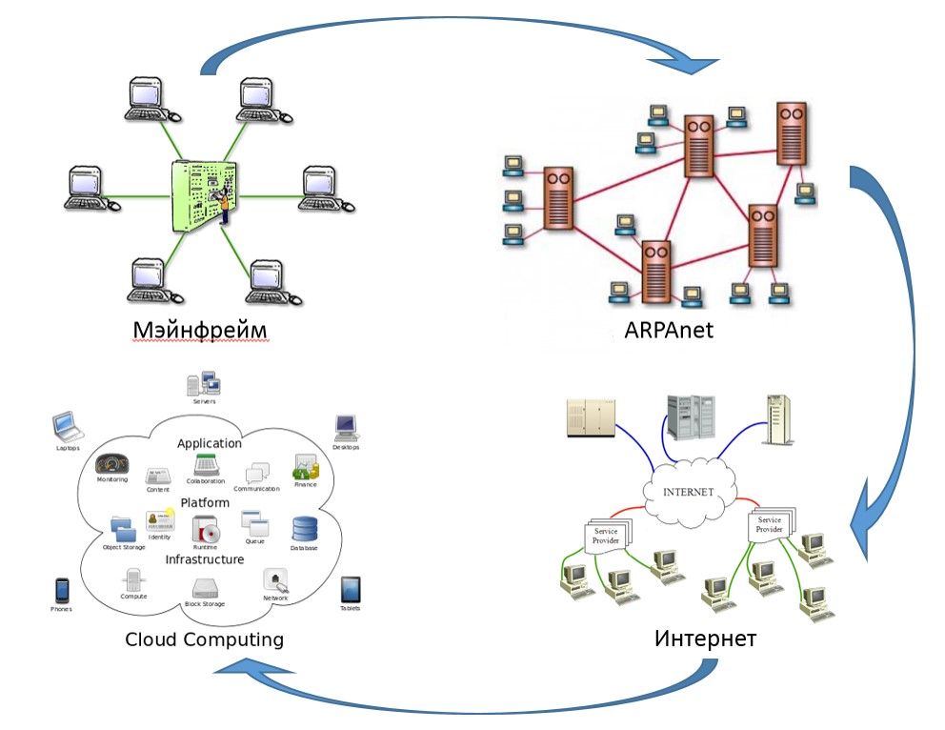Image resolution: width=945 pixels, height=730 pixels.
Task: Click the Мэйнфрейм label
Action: (198, 330)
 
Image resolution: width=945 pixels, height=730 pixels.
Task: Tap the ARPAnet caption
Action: (669, 330)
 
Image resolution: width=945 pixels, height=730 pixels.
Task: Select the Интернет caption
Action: (706, 638)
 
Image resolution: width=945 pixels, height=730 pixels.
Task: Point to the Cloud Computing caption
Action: (204, 639)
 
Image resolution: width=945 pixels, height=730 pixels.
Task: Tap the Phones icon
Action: (62, 589)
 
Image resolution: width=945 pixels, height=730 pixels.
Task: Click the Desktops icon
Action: (345, 426)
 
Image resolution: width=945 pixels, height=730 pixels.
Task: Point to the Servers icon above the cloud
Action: (204, 383)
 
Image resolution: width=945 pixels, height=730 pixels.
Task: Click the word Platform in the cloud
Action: (205, 502)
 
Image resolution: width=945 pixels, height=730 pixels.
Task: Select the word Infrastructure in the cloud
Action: (205, 559)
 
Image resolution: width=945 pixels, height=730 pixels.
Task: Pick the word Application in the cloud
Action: (210, 443)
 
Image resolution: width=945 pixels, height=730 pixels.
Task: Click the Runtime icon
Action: (206, 529)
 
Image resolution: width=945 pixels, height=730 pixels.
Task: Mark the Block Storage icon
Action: (205, 588)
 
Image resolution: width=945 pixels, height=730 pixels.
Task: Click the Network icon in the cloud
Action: (276, 580)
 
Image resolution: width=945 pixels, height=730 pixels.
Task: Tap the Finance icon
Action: (305, 468)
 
